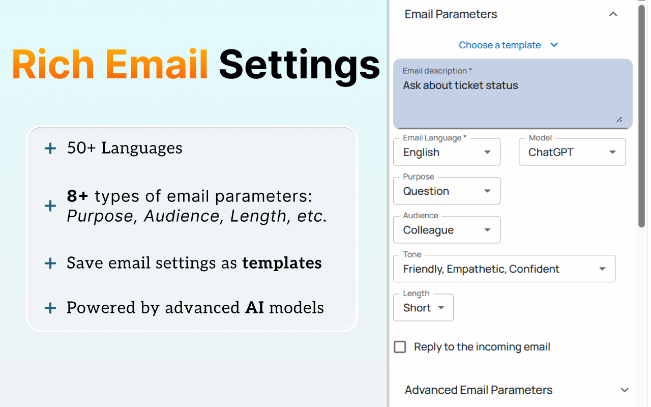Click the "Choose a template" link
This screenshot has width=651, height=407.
point(499,45)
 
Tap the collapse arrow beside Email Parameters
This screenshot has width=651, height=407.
point(613,14)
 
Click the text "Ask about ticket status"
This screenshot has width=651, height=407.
point(460,85)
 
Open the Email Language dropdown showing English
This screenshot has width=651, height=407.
point(447,152)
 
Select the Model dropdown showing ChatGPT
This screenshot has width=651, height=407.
point(572,152)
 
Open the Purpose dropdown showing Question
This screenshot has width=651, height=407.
point(447,191)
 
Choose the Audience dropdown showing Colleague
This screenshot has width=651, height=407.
point(447,230)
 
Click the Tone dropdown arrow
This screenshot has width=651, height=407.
point(602,269)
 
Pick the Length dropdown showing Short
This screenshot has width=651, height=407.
point(423,308)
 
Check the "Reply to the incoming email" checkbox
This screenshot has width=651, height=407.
point(400,347)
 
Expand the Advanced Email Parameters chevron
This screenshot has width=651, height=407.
point(625,390)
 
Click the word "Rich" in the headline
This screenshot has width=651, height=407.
point(53,64)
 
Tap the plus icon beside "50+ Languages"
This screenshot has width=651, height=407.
point(50,148)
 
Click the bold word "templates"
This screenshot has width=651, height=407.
point(282,263)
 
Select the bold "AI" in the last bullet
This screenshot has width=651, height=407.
point(255,308)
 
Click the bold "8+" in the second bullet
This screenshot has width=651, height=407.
point(77,196)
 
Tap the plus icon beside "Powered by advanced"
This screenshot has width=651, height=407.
point(50,308)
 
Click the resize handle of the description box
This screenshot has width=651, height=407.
point(619,120)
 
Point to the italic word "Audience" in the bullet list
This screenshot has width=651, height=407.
point(182,216)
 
